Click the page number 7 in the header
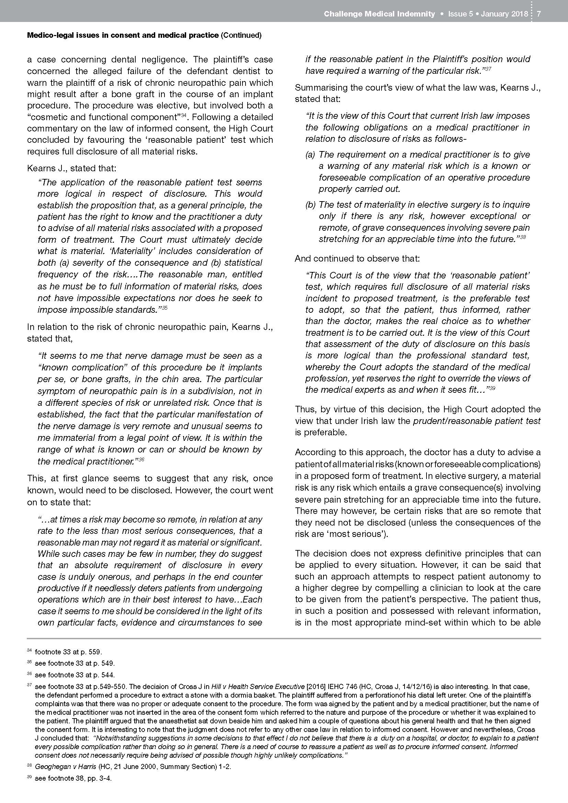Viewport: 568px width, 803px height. point(538,14)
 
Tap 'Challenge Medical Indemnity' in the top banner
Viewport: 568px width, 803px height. point(379,14)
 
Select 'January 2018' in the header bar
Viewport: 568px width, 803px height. point(504,14)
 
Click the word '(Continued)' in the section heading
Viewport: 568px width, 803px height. point(241,35)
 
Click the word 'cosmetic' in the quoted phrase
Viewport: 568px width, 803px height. point(47,117)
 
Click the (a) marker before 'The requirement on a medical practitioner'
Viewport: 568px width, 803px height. point(310,154)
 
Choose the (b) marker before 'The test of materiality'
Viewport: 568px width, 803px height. point(310,205)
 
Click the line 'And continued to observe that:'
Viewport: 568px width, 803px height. point(357,259)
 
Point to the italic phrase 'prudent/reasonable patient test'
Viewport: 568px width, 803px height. point(477,421)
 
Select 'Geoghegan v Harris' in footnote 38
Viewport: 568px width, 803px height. point(65,767)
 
